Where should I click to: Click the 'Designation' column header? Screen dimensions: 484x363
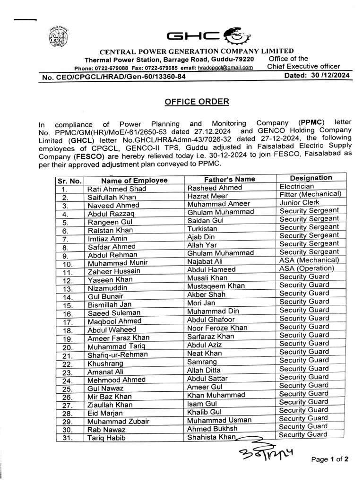pos(311,178)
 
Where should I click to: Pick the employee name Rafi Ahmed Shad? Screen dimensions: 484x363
pos(117,189)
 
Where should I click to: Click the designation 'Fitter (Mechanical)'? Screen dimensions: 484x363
pos(310,194)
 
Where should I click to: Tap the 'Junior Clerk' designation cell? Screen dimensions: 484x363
pos(300,202)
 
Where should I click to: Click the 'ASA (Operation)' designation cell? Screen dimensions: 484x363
pos(306,268)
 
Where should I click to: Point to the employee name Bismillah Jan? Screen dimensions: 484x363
pos(110,305)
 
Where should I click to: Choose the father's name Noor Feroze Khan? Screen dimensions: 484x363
pos(217,328)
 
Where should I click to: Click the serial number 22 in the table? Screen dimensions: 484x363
pos(67,364)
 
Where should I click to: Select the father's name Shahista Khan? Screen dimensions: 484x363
pos(211,437)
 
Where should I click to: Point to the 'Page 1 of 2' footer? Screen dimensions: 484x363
pos(330,459)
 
